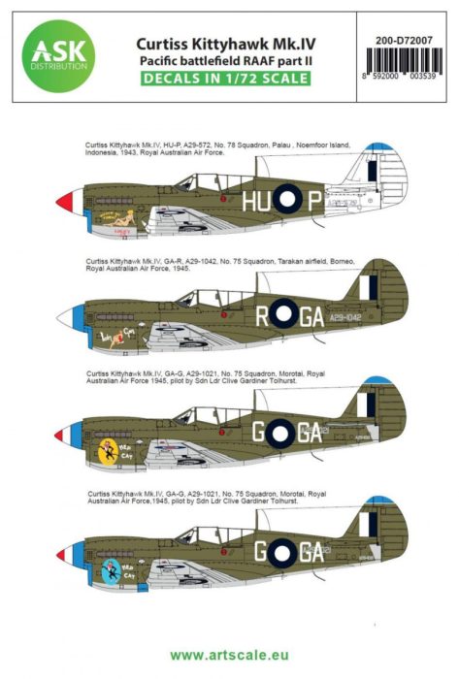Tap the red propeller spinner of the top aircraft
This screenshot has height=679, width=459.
pyautogui.click(x=66, y=202)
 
